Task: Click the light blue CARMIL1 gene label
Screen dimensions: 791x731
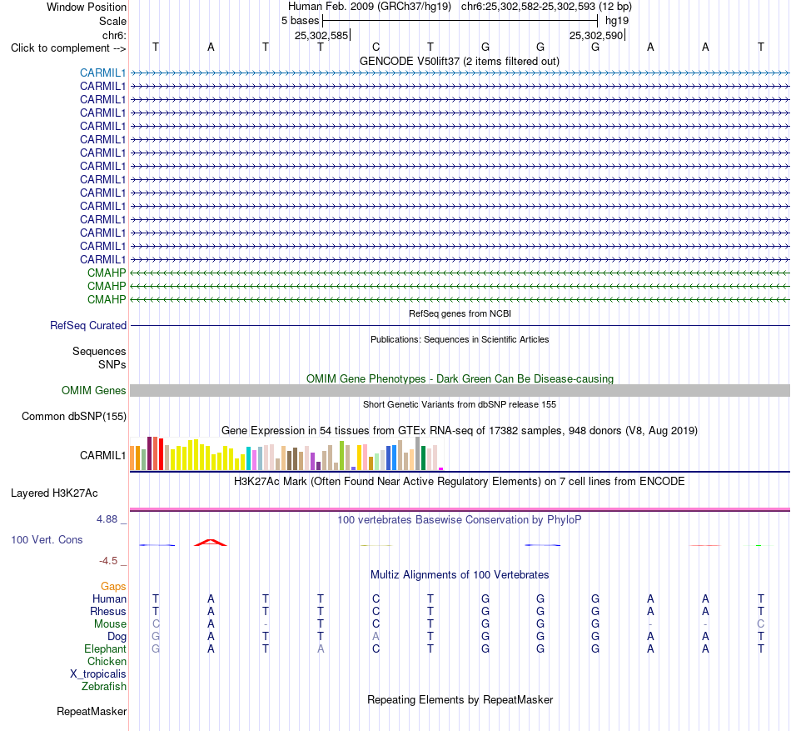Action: [x=102, y=73]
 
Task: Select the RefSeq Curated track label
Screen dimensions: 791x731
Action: [x=88, y=326]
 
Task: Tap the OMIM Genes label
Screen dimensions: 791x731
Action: [x=94, y=390]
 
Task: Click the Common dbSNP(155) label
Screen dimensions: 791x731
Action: [x=74, y=417]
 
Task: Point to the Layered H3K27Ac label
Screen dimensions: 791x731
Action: [x=54, y=493]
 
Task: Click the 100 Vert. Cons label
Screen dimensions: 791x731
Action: [x=47, y=539]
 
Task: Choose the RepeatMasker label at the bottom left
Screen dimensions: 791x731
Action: [x=92, y=711]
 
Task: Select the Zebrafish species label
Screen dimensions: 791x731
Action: [x=104, y=687]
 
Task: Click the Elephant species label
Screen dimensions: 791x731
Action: [x=105, y=648]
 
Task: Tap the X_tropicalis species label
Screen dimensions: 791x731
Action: [x=98, y=674]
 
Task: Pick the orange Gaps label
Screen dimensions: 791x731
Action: [x=113, y=586]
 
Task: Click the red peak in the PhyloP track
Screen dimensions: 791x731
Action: [x=211, y=542]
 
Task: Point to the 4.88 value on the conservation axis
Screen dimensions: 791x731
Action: [x=107, y=519]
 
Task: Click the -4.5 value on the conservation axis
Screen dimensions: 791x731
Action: [x=108, y=560]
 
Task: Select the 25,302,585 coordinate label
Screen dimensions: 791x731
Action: [x=321, y=35]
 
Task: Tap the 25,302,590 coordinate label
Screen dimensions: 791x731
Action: [x=596, y=35]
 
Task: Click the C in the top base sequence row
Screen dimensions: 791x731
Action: [x=376, y=47]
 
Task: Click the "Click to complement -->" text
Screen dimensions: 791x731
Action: [x=68, y=48]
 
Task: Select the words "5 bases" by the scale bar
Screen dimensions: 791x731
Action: [x=300, y=21]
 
